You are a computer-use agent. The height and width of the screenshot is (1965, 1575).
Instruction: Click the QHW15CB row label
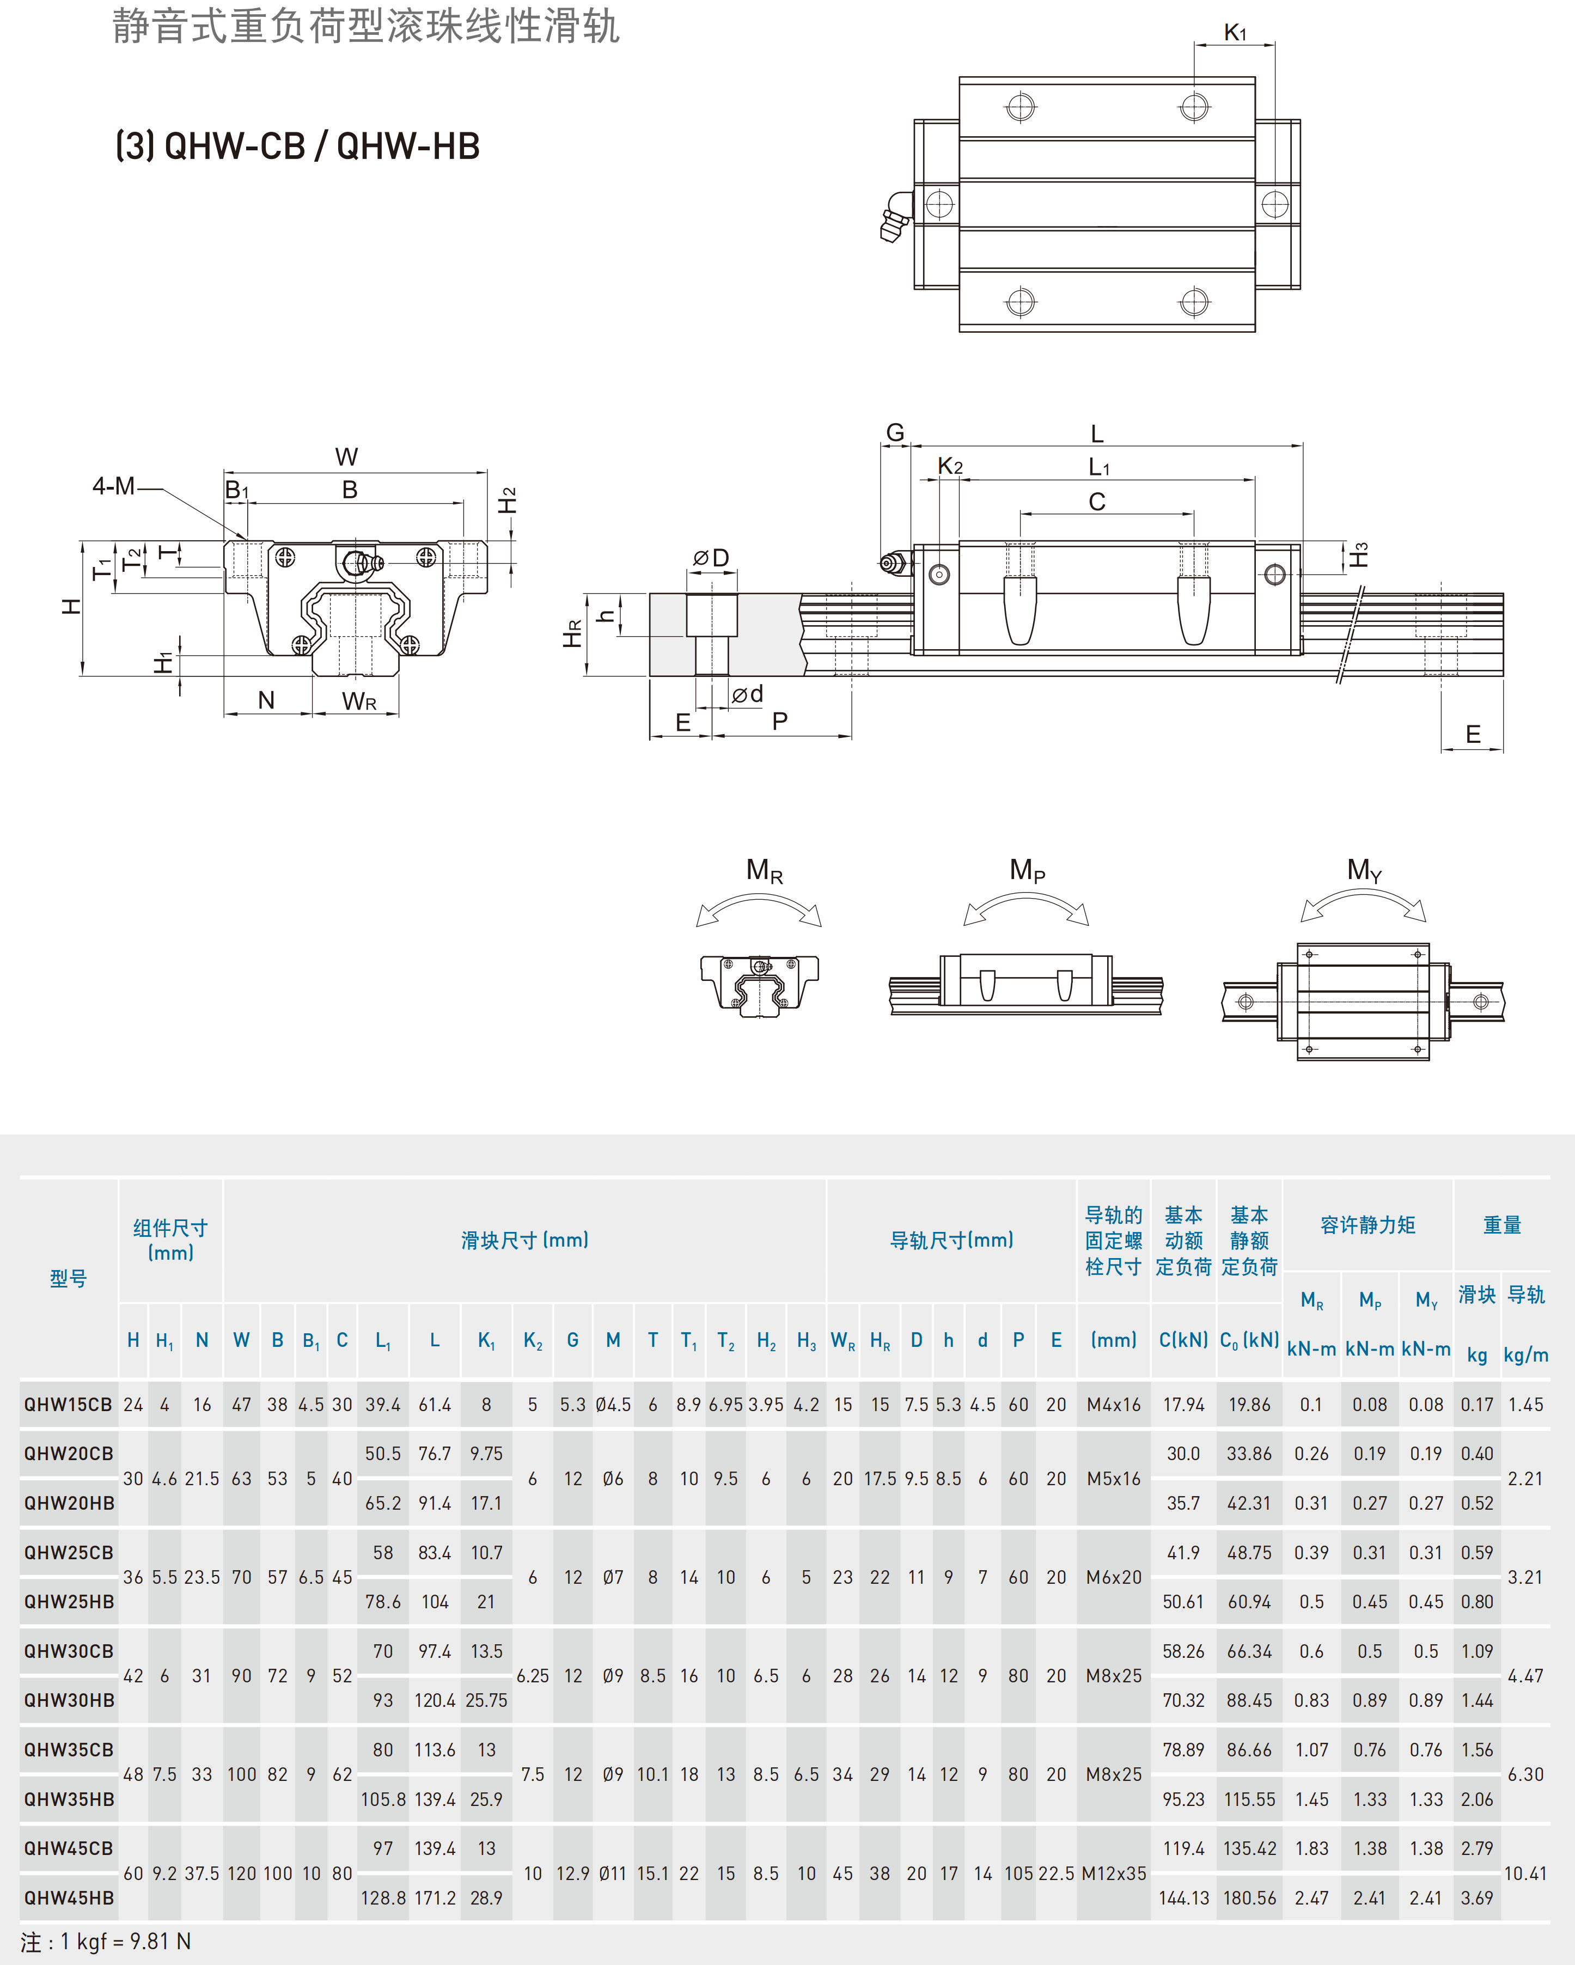[69, 1405]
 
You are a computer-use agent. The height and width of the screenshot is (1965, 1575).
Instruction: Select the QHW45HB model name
[69, 1897]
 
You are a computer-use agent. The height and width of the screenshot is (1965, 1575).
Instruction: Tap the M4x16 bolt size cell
[1113, 1405]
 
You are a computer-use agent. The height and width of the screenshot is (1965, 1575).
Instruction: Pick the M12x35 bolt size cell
[1113, 1873]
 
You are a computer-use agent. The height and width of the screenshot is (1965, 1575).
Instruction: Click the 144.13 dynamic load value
[1183, 1897]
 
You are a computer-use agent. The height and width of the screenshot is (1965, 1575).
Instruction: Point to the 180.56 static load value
[1249, 1897]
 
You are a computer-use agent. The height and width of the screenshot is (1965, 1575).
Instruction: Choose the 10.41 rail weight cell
[1525, 1873]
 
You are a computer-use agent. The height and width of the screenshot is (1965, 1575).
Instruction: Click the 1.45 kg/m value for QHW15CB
[1525, 1405]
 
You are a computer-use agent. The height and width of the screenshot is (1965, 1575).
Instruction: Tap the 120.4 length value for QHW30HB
[435, 1700]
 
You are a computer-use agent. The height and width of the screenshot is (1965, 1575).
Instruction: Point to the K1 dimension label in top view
[1234, 33]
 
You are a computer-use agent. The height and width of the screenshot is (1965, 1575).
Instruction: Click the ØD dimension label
[711, 558]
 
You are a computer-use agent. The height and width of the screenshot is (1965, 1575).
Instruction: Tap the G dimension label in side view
[895, 433]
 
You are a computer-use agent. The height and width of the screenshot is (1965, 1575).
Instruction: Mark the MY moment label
[1364, 870]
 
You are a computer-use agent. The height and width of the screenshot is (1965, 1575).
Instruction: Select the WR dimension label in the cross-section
[358, 701]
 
